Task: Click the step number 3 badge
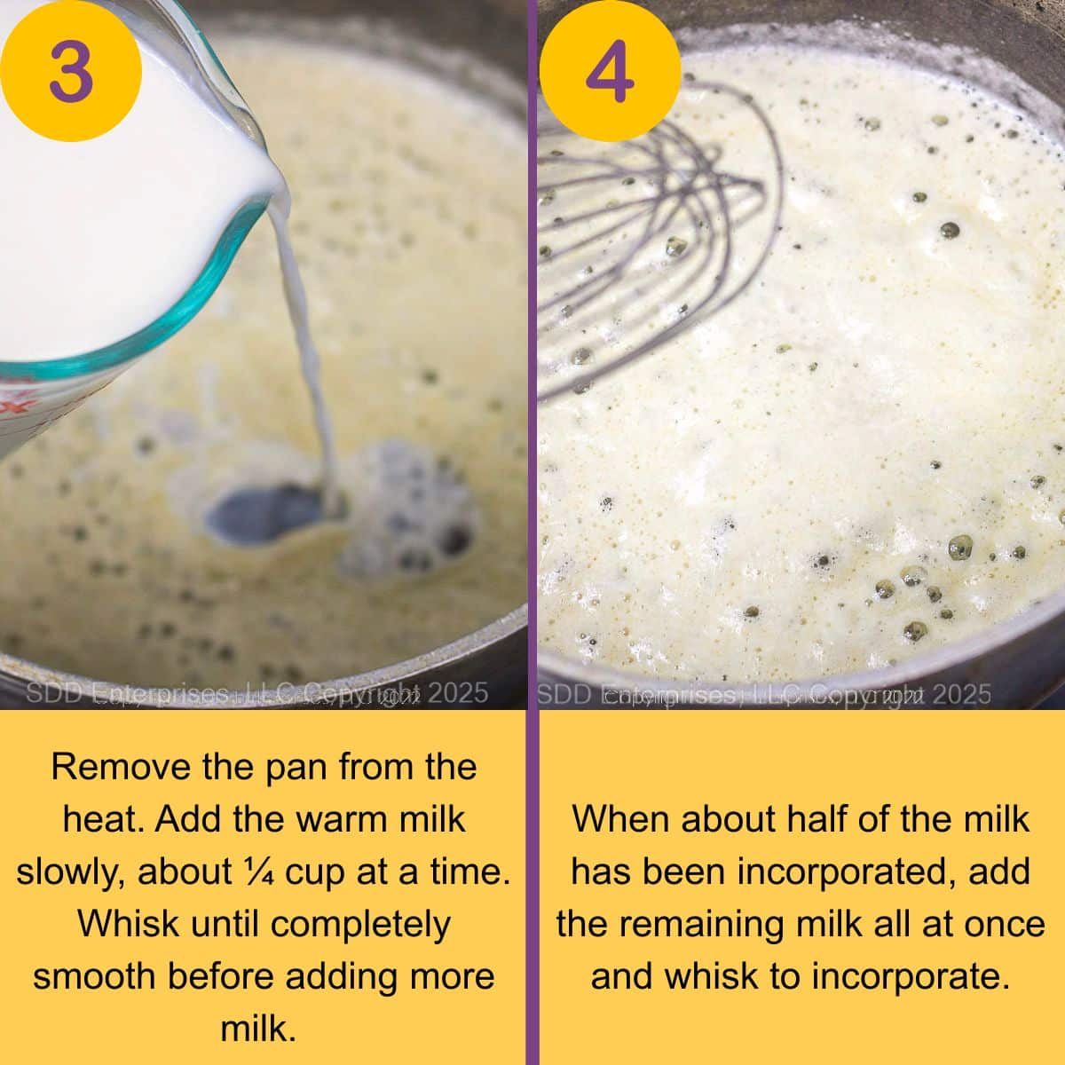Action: pyautogui.click(x=71, y=70)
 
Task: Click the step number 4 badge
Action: pyautogui.click(x=611, y=70)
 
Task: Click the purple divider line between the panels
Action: pyautogui.click(x=532, y=532)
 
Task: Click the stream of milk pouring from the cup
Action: pyautogui.click(x=306, y=355)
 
